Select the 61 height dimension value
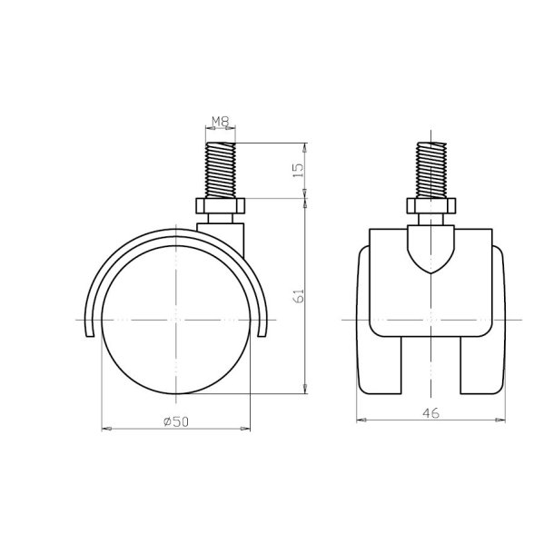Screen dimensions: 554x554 pyautogui.click(x=299, y=295)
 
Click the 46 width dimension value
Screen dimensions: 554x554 pyautogui.click(x=430, y=413)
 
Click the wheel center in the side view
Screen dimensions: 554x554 pyautogui.click(x=175, y=321)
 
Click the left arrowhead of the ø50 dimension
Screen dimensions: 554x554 pyautogui.click(x=106, y=427)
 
